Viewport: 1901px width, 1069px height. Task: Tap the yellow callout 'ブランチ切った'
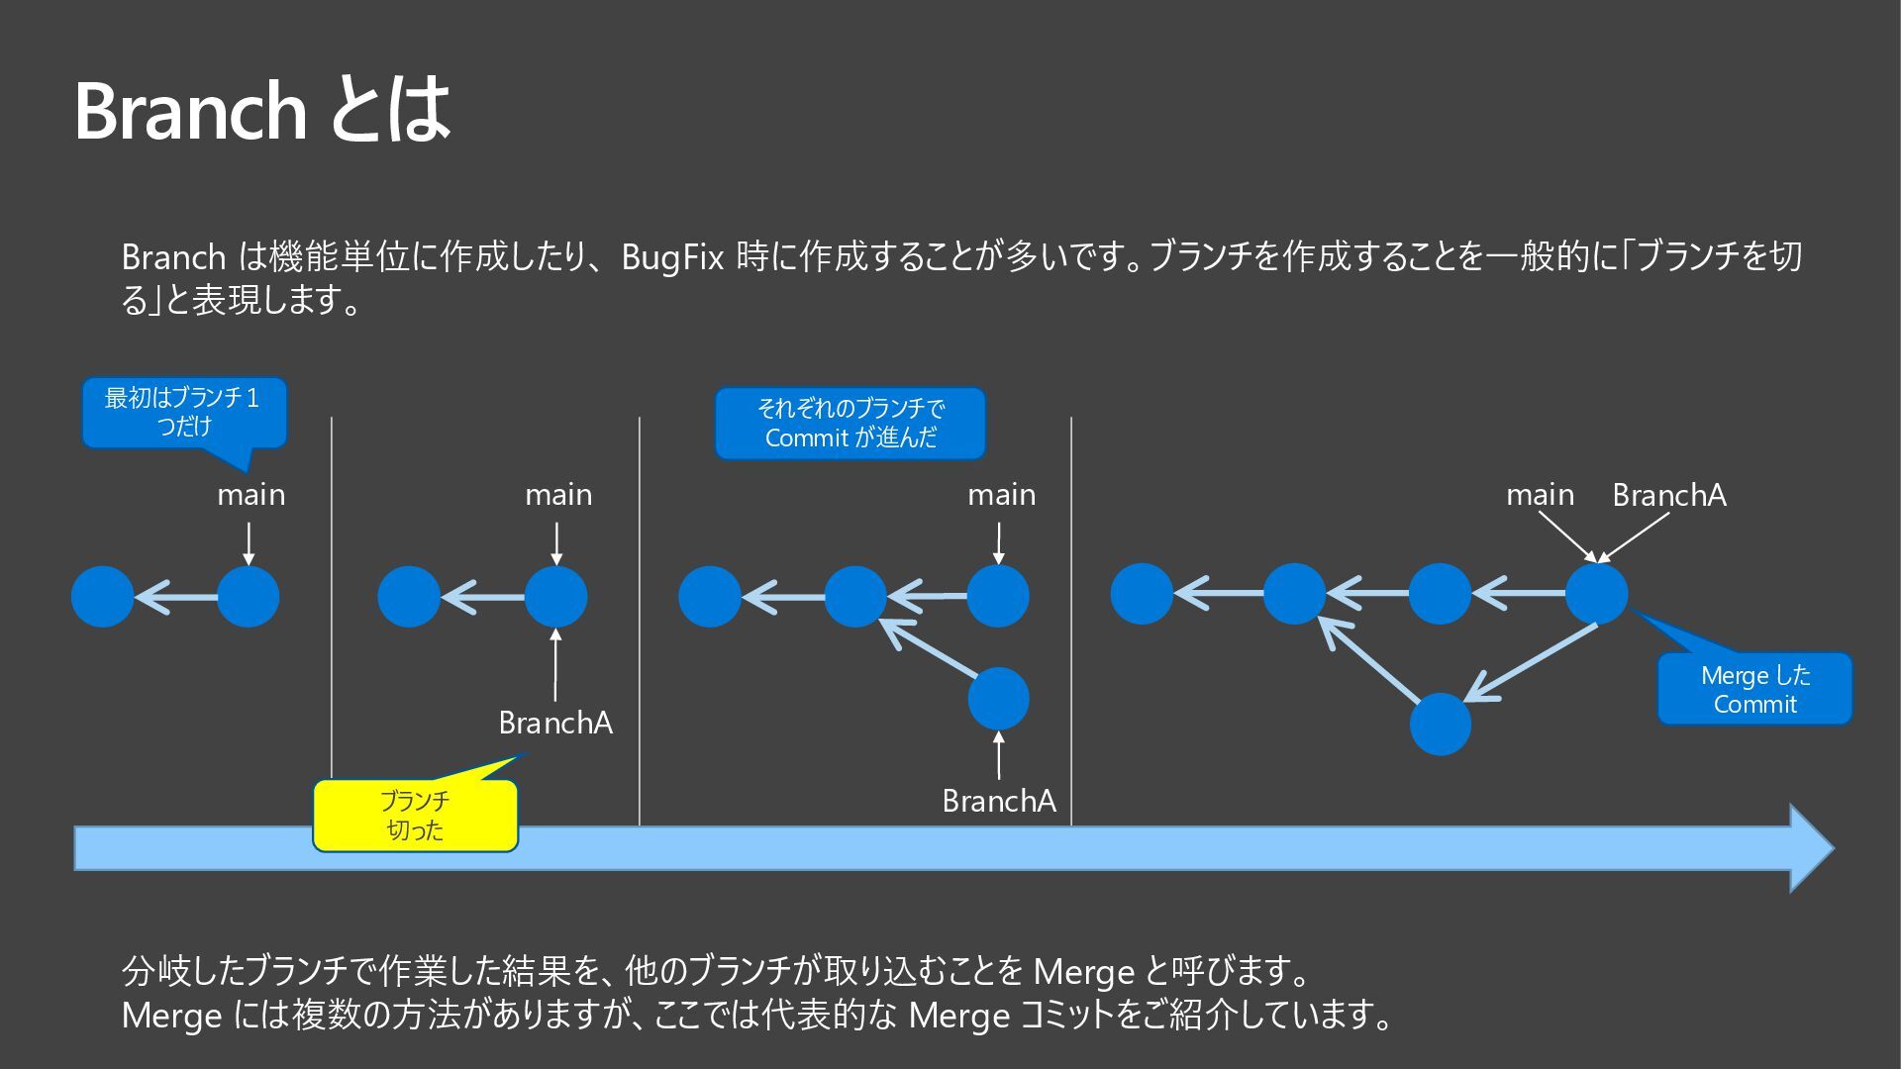[415, 816]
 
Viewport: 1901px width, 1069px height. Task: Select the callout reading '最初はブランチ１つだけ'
[183, 413]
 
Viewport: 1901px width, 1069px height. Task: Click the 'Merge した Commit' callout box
[1754, 689]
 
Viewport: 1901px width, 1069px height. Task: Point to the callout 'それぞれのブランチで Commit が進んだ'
[850, 424]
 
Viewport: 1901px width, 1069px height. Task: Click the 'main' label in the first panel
[250, 494]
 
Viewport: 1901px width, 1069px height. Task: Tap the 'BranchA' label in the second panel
[555, 723]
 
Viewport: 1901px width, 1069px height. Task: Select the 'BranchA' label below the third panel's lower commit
[999, 801]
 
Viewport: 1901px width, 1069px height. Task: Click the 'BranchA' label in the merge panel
[1668, 494]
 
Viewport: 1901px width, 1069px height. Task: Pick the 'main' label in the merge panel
[1540, 494]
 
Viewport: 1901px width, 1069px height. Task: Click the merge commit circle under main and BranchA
[1596, 594]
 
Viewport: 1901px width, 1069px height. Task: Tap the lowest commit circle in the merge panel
[1440, 724]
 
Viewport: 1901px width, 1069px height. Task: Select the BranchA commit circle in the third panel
[998, 698]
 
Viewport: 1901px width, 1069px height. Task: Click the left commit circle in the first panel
[102, 596]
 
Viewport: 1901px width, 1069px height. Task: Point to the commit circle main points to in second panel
[555, 596]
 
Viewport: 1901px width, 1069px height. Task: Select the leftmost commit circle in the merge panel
[1142, 594]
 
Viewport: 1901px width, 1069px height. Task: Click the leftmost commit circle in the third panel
[710, 596]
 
